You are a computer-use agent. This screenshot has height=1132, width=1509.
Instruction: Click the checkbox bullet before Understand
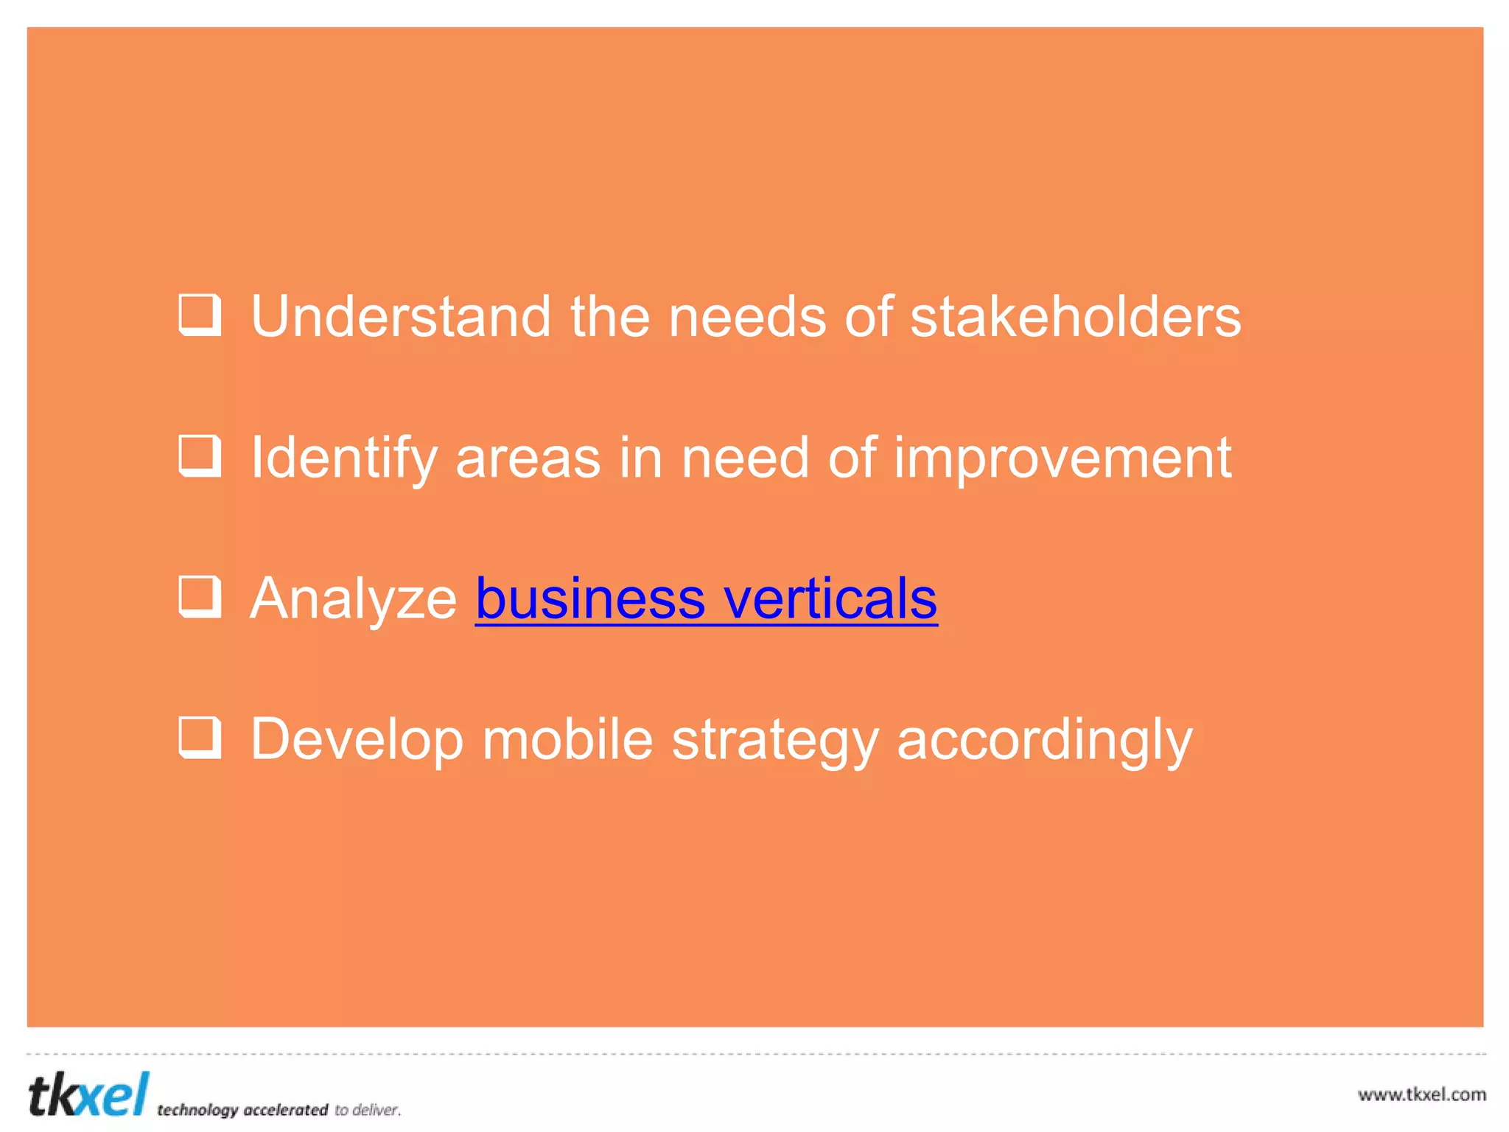point(200,315)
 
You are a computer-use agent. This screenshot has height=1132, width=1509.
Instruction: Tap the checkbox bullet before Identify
point(200,456)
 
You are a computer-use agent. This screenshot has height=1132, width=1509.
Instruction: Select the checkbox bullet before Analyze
point(200,597)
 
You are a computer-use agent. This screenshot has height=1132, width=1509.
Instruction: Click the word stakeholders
point(1075,317)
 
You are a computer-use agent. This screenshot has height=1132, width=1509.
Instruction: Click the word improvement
point(1062,458)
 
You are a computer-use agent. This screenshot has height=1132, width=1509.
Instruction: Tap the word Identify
point(344,458)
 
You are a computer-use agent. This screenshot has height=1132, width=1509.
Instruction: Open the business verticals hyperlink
point(706,598)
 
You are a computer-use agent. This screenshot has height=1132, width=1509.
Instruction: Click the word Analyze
point(354,598)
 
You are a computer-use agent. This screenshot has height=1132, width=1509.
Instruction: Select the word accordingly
point(1044,740)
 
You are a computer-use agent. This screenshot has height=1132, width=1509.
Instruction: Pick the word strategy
point(775,740)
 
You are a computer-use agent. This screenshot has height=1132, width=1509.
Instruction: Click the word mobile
point(567,738)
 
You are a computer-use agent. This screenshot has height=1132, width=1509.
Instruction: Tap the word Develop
point(357,740)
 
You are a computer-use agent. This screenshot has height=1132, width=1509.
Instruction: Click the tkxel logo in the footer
point(88,1094)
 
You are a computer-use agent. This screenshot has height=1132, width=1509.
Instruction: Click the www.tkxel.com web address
point(1421,1094)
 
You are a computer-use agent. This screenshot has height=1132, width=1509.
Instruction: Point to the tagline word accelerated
point(285,1110)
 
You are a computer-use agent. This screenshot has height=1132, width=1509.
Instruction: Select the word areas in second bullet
point(528,458)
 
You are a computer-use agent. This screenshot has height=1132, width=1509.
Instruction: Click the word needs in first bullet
point(746,317)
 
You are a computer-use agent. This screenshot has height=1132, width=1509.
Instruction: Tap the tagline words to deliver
point(368,1110)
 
